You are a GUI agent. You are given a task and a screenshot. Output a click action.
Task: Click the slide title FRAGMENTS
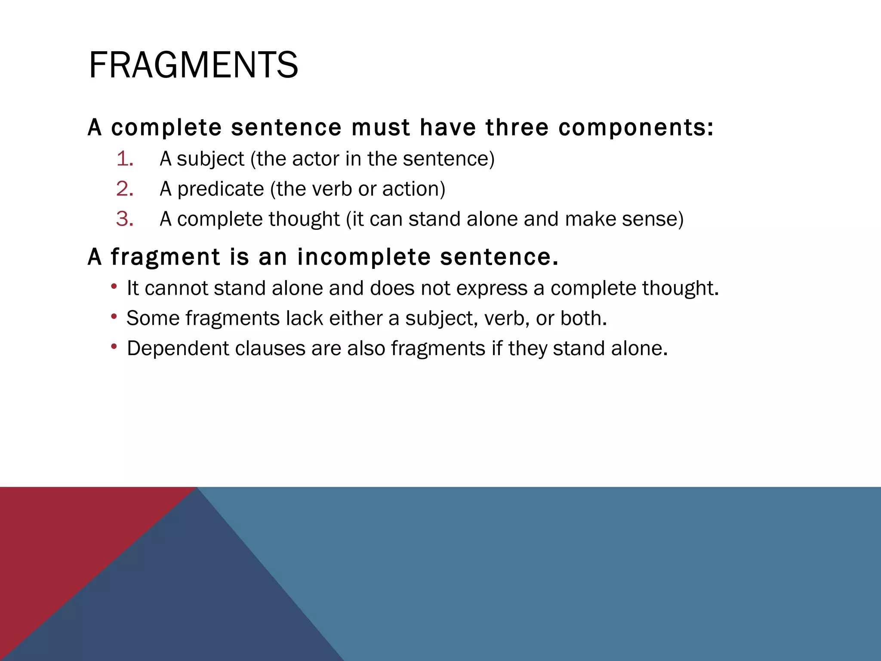click(x=193, y=65)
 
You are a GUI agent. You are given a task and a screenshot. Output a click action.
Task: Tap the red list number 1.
click(x=125, y=159)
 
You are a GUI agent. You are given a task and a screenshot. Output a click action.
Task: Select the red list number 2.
click(x=125, y=189)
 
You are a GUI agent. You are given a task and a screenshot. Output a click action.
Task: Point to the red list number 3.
click(x=125, y=219)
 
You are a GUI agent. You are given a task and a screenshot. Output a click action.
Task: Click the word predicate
click(x=221, y=189)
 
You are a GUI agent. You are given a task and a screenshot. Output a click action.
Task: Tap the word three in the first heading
click(x=517, y=127)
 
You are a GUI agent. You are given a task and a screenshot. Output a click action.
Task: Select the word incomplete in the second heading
click(x=364, y=257)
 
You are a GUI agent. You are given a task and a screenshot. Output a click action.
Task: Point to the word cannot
click(x=176, y=288)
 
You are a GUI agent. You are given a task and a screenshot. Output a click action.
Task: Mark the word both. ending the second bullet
click(x=583, y=318)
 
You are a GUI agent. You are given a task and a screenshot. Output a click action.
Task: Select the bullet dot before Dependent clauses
click(x=114, y=347)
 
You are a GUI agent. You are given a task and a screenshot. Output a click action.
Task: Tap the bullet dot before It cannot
click(x=114, y=287)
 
